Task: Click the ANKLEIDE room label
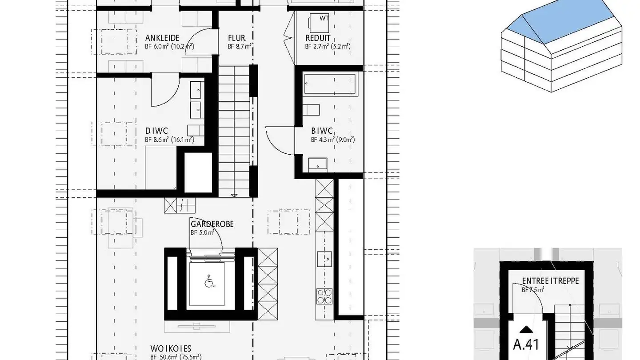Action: tap(162, 38)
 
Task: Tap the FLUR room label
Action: tap(236, 38)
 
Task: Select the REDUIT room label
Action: tap(318, 38)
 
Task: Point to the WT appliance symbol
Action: tap(324, 18)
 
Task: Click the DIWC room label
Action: tap(156, 131)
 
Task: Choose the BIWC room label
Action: tap(322, 131)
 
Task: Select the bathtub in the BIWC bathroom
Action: tap(330, 84)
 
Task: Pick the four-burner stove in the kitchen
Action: tap(324, 296)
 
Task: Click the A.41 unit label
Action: tap(527, 345)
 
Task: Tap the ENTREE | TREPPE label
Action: tap(550, 281)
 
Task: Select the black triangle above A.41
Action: tap(527, 329)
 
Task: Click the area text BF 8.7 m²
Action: tap(240, 46)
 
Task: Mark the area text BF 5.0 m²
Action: tap(203, 232)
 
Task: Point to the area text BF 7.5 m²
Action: tap(533, 289)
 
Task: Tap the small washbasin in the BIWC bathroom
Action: tap(318, 164)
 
